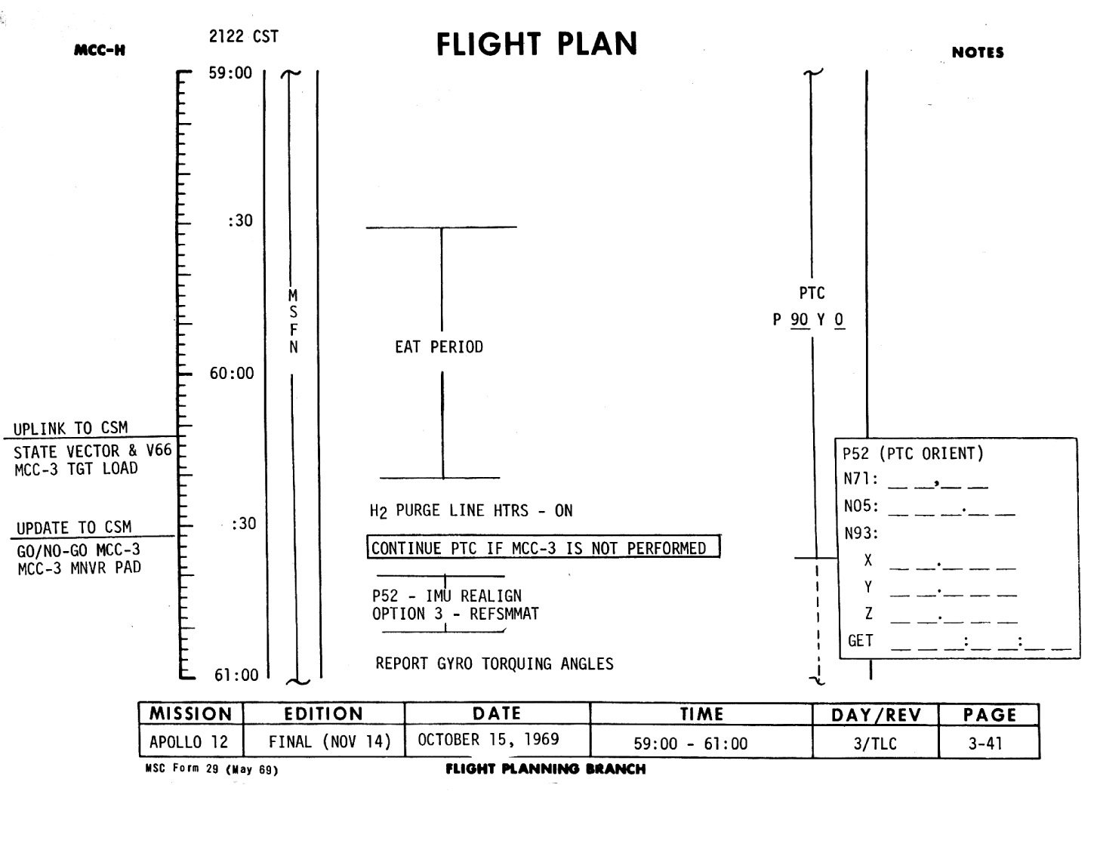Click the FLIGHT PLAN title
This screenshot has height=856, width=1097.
coord(537,45)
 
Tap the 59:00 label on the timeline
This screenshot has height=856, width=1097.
coord(230,73)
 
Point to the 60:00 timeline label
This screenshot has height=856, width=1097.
coord(232,374)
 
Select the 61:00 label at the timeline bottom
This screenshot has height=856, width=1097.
coord(236,675)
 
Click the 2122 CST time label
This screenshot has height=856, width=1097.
coord(243,36)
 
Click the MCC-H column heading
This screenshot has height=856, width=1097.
coord(100,51)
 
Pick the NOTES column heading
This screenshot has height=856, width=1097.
coord(978,52)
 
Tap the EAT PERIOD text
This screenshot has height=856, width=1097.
coord(439,347)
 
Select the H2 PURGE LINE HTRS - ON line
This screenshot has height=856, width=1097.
coord(471,511)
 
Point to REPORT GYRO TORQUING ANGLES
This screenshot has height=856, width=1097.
coord(495,664)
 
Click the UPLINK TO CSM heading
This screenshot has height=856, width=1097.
coord(71,428)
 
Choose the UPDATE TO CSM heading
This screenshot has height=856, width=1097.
coord(74,528)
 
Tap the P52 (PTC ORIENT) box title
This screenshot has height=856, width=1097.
coord(913,454)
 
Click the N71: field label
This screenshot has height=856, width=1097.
coord(860,479)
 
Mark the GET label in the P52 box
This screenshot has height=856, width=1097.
coord(861,641)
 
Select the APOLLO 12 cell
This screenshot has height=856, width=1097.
coord(189,742)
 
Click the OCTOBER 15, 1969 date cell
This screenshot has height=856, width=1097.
coord(488,740)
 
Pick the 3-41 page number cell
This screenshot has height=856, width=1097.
coord(985,744)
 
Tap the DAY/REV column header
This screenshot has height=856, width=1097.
coord(875,715)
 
